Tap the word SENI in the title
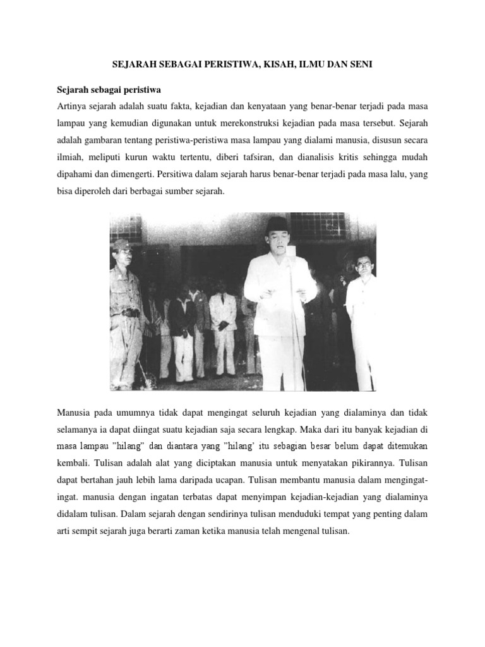[x=360, y=64]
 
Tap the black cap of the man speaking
[x=276, y=223]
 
